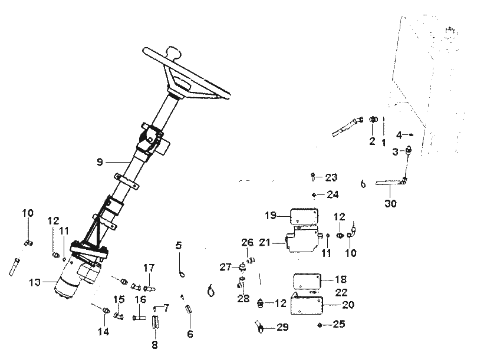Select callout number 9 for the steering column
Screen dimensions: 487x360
point(100,162)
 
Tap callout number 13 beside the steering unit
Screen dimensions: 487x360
point(35,282)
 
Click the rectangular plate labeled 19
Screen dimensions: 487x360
point(304,216)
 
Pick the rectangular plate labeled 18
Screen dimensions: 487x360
point(307,281)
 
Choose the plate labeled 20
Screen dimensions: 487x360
point(307,305)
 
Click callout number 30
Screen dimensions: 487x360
point(391,204)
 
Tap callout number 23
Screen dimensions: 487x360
point(331,177)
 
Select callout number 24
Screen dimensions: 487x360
point(333,194)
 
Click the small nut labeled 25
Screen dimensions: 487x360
point(320,325)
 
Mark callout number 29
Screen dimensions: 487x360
point(282,327)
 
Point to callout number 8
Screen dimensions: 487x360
point(154,345)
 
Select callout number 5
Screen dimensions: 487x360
point(178,246)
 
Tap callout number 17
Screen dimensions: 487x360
point(149,267)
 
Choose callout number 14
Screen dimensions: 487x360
point(103,332)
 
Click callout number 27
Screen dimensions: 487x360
point(225,267)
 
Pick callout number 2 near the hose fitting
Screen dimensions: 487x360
point(372,141)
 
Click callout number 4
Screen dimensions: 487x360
point(399,135)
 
